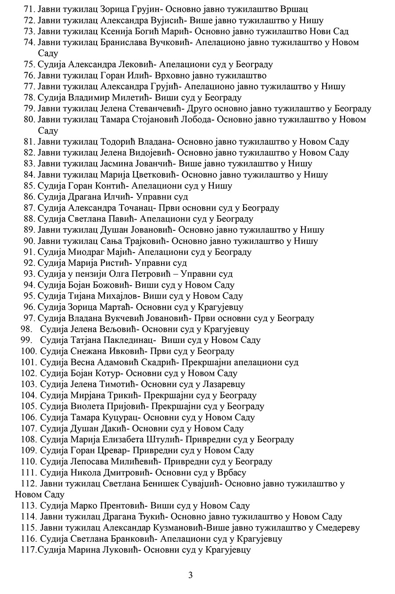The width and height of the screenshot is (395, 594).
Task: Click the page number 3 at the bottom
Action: (190, 575)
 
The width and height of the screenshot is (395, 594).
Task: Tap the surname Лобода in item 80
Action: (196, 119)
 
